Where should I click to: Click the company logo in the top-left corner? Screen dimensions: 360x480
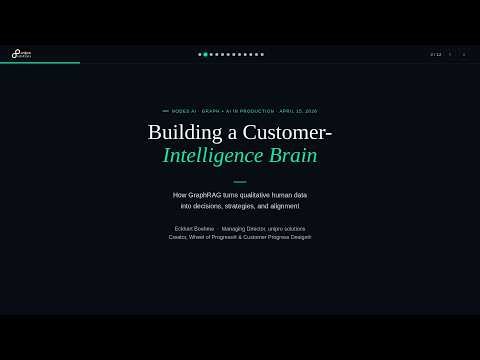21,54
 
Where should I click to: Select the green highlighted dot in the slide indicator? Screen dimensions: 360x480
205,54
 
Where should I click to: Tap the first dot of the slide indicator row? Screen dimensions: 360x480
200,54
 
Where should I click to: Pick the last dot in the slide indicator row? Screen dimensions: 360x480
262,54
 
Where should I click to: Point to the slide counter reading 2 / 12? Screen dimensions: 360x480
435,54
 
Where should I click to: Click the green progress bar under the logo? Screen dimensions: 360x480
40,63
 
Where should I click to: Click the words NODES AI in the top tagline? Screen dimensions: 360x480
184,111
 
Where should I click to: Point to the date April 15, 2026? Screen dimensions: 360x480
298,111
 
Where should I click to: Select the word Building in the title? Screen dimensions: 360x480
182,132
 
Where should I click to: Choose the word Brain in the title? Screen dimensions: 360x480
293,156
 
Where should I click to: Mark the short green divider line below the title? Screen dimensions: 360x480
240,182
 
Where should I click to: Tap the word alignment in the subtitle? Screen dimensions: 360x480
283,206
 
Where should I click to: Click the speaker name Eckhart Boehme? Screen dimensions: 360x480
194,229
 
